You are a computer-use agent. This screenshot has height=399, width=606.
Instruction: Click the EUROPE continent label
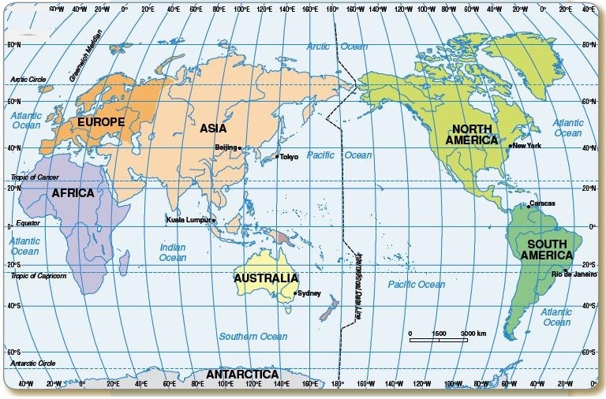click(100, 122)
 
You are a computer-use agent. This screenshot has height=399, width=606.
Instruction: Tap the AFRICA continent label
click(73, 193)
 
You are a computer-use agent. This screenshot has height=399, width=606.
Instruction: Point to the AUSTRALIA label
click(266, 278)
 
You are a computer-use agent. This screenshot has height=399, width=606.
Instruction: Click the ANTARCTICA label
click(242, 374)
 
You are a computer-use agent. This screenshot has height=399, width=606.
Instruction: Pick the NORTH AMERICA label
click(472, 134)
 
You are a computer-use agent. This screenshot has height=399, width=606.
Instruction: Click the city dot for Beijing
click(239, 147)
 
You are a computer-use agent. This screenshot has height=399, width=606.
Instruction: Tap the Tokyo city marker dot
click(277, 157)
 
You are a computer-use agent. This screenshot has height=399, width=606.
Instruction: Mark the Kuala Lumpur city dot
click(213, 219)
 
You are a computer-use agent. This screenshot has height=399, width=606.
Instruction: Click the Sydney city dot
click(295, 293)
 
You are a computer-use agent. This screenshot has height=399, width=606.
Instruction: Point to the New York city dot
click(511, 146)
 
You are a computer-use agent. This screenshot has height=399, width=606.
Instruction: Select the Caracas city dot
click(526, 203)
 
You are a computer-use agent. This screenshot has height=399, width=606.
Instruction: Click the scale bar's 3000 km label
click(474, 333)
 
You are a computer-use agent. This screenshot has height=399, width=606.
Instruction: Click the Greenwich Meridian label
click(83, 62)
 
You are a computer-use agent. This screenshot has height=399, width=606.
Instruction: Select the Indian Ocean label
click(173, 252)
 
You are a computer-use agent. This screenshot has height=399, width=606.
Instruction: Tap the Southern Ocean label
click(253, 337)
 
